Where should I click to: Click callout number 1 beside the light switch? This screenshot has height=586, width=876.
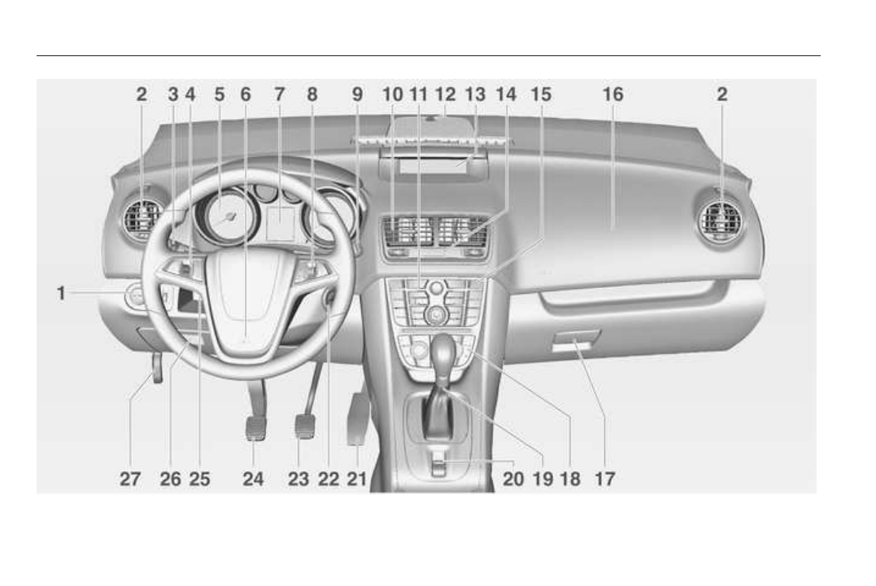[x=61, y=293]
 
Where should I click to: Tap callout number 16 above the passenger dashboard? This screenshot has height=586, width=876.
[x=612, y=94]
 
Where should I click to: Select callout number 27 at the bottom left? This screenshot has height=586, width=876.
[x=129, y=479]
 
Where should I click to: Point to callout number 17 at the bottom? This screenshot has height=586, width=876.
[x=604, y=479]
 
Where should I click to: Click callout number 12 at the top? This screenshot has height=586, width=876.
[x=445, y=94]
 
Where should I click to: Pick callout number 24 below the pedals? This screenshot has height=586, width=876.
[x=253, y=479]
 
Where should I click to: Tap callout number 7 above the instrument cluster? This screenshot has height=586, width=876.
[x=279, y=94]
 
